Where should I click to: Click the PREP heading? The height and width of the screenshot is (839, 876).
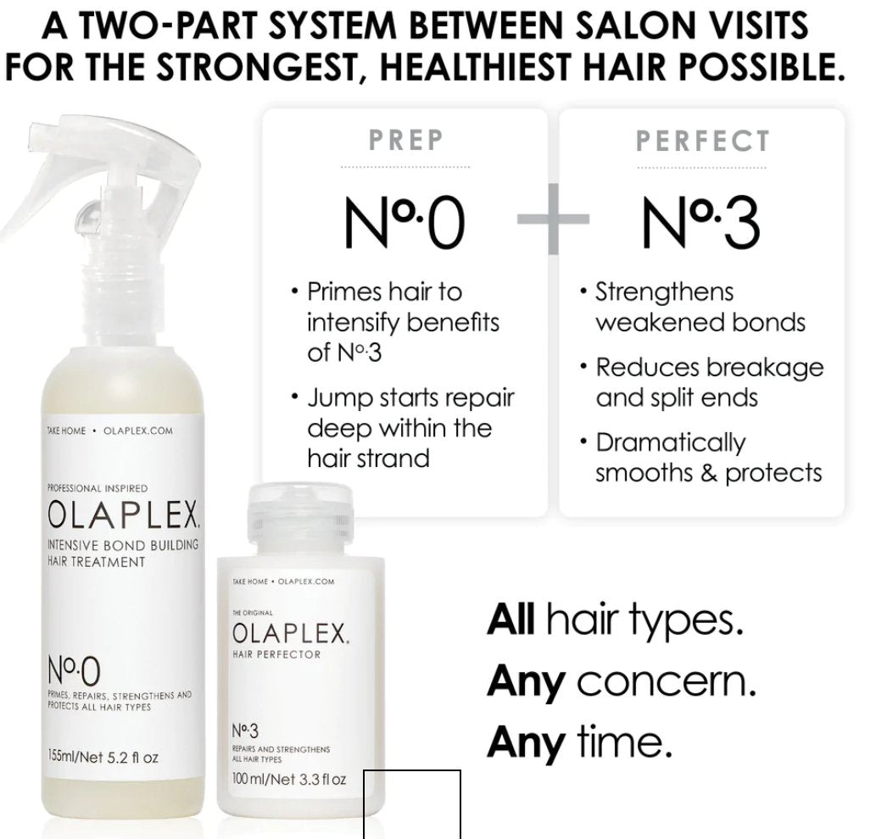405,141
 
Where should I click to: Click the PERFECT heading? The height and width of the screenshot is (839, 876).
703,141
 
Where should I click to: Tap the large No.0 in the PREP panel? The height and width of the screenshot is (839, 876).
405,223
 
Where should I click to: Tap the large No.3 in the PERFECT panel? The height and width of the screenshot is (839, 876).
701,223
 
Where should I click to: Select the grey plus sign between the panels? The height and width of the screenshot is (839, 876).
554,219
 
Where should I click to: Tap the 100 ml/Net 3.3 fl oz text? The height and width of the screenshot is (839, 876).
289,778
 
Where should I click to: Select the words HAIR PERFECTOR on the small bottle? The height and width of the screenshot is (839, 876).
276,655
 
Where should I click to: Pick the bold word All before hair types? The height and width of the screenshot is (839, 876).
511,621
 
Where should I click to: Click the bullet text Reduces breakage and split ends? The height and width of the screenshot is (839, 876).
709,382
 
